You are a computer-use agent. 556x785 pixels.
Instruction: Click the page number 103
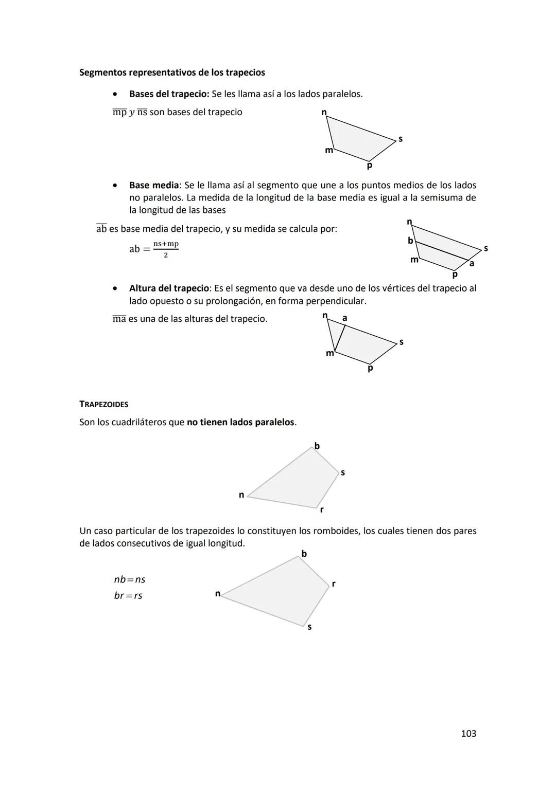pyautogui.click(x=468, y=734)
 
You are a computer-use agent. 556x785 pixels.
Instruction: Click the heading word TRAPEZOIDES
pyautogui.click(x=103, y=404)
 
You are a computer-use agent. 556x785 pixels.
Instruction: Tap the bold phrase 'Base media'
pyautogui.click(x=153, y=185)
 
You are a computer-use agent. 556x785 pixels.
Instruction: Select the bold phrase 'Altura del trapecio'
pyautogui.click(x=169, y=288)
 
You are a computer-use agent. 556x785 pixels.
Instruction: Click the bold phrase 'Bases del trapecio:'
pyautogui.click(x=169, y=94)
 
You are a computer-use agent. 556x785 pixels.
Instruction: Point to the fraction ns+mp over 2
pyautogui.click(x=166, y=249)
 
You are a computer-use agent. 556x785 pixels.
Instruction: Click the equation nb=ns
pyautogui.click(x=129, y=579)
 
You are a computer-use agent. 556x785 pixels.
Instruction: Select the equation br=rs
pyautogui.click(x=128, y=595)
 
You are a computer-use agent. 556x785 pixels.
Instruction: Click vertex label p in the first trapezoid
pyautogui.click(x=369, y=166)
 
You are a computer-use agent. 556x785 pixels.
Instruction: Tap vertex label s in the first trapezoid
pyautogui.click(x=401, y=139)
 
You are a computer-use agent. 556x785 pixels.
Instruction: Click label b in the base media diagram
pyautogui.click(x=410, y=241)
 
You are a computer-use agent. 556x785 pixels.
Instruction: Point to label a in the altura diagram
pyautogui.click(x=344, y=318)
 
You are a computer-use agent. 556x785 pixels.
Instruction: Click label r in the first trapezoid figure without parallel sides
pyautogui.click(x=322, y=509)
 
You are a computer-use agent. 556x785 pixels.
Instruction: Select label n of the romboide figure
pyautogui.click(x=217, y=594)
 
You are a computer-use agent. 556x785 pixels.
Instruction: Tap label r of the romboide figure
pyautogui.click(x=334, y=583)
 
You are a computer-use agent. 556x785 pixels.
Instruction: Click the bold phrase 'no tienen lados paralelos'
pyautogui.click(x=240, y=422)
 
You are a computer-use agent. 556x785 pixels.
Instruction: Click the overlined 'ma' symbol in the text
pyautogui.click(x=119, y=319)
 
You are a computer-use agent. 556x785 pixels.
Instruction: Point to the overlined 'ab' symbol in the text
pyautogui.click(x=101, y=229)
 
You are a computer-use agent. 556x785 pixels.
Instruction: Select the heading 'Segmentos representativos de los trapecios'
pyautogui.click(x=172, y=72)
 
